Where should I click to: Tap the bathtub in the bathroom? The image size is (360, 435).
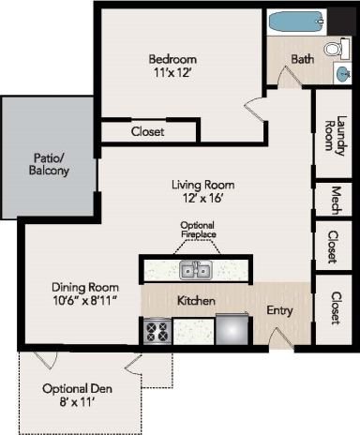(x=295, y=21)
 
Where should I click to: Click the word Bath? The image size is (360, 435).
(x=302, y=59)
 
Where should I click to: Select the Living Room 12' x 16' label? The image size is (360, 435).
(x=202, y=191)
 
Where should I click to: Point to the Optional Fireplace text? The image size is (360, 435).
(x=198, y=231)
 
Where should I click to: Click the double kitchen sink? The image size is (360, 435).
(x=196, y=271)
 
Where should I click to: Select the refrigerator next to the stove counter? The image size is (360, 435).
(x=232, y=330)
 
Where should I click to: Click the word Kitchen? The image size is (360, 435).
(x=197, y=301)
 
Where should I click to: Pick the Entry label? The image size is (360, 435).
(x=280, y=310)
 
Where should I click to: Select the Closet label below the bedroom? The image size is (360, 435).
(x=147, y=132)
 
